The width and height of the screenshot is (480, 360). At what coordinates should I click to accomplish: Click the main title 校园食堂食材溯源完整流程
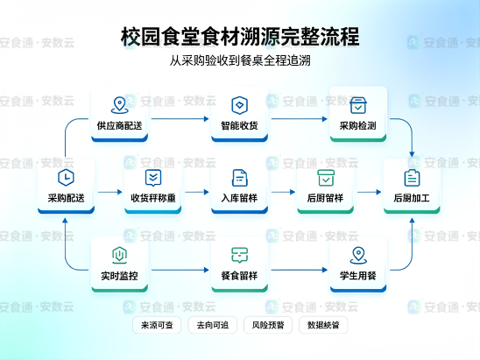240,37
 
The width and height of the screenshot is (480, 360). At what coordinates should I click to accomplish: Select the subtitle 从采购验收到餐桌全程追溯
240,60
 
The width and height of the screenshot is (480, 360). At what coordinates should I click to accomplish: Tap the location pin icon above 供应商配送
119,105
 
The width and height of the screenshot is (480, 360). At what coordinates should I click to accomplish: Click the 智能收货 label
239,125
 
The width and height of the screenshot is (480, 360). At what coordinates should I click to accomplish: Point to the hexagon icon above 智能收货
239,105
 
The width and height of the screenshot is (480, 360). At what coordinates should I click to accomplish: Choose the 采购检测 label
358,125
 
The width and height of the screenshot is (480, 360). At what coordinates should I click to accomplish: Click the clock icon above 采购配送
66,177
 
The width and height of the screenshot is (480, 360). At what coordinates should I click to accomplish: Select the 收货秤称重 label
153,198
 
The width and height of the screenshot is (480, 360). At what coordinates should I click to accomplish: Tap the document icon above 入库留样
240,178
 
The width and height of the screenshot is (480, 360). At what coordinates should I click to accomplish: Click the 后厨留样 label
326,198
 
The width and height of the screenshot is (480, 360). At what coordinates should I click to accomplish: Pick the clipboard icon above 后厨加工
412,178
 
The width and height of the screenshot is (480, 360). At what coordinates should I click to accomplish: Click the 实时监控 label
119,276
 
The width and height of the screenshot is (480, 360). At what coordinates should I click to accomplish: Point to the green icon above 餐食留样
239,255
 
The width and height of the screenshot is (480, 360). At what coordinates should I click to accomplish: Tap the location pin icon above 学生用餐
358,255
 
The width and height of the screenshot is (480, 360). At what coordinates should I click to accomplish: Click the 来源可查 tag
157,325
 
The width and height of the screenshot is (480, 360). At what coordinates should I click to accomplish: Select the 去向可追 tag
213,325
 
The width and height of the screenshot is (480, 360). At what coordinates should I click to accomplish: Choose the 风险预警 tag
268,325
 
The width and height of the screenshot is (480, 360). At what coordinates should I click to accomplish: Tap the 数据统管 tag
323,325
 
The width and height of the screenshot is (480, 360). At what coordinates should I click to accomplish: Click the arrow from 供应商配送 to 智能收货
180,119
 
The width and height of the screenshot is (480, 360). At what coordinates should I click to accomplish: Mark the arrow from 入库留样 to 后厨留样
283,192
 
